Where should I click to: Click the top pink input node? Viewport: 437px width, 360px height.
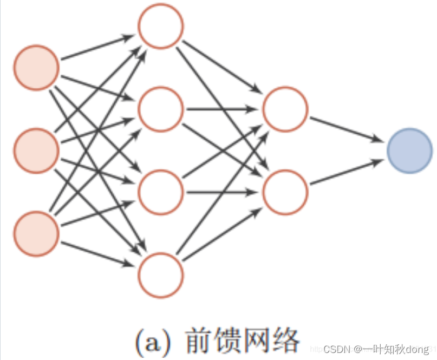tap(36, 67)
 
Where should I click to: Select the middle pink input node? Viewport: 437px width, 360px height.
tap(36, 150)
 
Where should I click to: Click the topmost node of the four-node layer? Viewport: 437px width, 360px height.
tap(161, 25)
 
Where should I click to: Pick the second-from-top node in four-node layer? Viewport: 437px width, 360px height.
tap(161, 109)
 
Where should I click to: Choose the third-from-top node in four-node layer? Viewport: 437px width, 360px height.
tap(161, 192)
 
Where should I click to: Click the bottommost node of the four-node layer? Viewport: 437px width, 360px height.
tap(161, 276)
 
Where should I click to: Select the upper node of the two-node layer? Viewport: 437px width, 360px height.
tap(285, 109)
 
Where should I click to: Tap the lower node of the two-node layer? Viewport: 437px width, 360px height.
tap(285, 192)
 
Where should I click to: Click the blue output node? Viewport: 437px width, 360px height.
tap(410, 150)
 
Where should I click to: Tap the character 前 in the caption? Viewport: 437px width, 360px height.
tap(199, 340)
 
